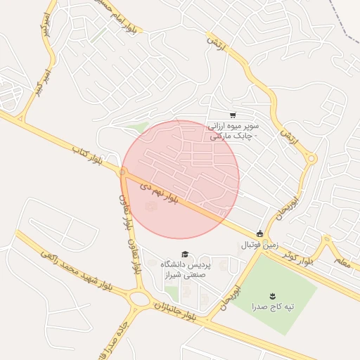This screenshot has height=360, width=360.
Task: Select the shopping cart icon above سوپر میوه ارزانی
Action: tap(233, 115)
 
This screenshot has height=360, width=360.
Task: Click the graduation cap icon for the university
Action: tap(185, 254)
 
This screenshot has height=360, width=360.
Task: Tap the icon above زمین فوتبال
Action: tap(260, 233)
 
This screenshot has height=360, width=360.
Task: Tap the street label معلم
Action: tap(342, 263)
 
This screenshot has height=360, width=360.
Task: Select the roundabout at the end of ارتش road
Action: tap(311, 159)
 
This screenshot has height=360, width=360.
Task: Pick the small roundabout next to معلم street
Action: tap(326, 240)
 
